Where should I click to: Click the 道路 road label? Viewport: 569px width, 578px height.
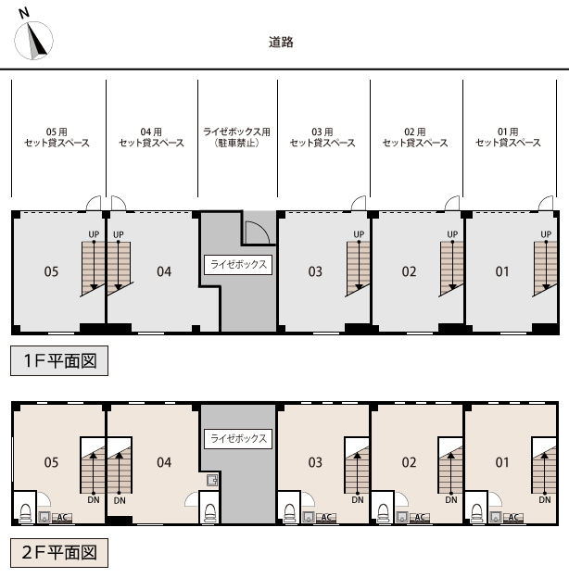(281, 42)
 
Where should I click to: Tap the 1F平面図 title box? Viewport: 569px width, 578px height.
(59, 361)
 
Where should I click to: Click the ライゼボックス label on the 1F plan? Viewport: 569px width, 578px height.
(238, 265)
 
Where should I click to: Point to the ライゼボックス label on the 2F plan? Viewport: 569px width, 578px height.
(238, 438)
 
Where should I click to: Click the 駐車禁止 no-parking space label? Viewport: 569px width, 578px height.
(237, 144)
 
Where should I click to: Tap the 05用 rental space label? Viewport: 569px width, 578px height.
(57, 138)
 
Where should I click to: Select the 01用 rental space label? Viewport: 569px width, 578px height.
(508, 138)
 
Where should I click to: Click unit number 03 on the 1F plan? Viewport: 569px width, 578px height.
(316, 271)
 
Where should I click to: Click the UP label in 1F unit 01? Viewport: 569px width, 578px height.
(546, 234)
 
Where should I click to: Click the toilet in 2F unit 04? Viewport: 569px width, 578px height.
(209, 511)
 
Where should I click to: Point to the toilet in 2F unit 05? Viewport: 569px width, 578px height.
(25, 513)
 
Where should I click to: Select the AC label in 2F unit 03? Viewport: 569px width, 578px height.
(326, 518)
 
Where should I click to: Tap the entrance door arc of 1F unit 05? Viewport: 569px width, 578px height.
(93, 204)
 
